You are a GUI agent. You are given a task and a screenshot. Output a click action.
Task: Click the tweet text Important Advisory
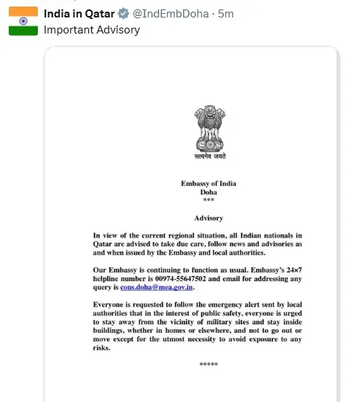(x=91, y=30)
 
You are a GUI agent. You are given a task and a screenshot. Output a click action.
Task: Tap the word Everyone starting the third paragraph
(x=111, y=306)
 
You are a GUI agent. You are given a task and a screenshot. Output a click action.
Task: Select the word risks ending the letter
(x=103, y=348)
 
